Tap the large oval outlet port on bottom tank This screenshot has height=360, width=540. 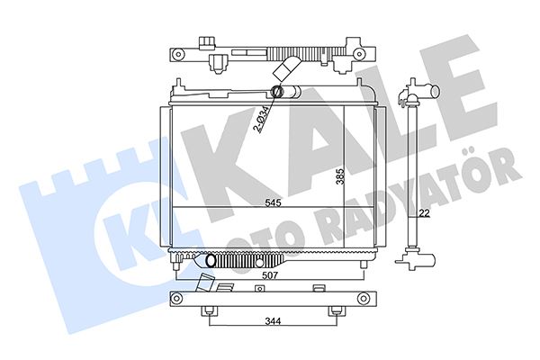211,260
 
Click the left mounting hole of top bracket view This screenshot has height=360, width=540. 178,53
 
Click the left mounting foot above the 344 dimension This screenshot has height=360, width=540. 210,311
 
